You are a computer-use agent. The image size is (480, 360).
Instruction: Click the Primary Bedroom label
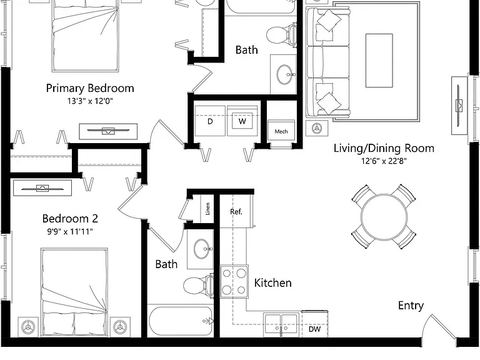90,88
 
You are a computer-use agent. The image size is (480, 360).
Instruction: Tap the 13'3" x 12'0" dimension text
90,101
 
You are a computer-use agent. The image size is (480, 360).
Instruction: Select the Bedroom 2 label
70,219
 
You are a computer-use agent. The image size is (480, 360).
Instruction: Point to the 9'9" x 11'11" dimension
70,231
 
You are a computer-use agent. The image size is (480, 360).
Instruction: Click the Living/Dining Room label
384,148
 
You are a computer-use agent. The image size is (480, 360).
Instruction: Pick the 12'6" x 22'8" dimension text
384,161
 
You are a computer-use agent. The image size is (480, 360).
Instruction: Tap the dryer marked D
210,121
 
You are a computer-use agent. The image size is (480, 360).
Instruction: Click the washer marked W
242,121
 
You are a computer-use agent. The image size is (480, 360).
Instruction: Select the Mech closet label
281,132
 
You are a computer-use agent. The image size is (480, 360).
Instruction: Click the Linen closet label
207,209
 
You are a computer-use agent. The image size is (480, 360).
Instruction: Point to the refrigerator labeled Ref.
236,211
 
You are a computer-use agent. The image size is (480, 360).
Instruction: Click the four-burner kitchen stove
234,281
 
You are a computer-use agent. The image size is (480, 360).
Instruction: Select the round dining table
384,217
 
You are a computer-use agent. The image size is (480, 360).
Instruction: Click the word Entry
411,306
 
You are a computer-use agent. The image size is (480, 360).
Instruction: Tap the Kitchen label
272,283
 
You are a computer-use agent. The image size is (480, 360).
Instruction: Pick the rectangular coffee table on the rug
379,61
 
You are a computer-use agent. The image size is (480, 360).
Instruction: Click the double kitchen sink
281,324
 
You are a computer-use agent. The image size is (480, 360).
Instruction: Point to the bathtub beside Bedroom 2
180,321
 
